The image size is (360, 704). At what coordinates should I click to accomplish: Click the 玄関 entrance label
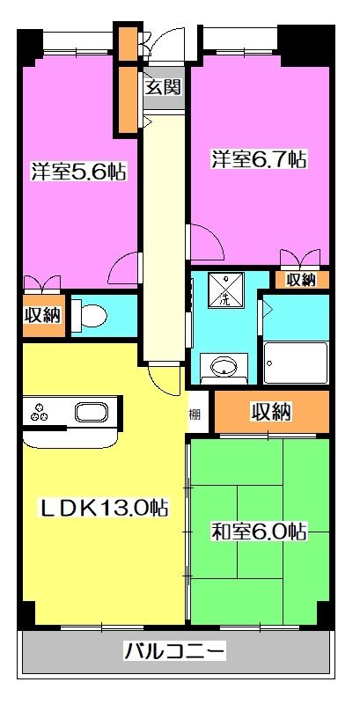163,86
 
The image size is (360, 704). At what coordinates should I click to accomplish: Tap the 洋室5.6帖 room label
77,172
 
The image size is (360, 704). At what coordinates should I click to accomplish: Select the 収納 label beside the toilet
43,314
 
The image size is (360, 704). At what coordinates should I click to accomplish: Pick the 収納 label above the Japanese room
272,411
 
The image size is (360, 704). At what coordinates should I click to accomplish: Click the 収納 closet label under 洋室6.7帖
301,280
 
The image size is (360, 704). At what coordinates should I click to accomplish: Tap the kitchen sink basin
91,413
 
